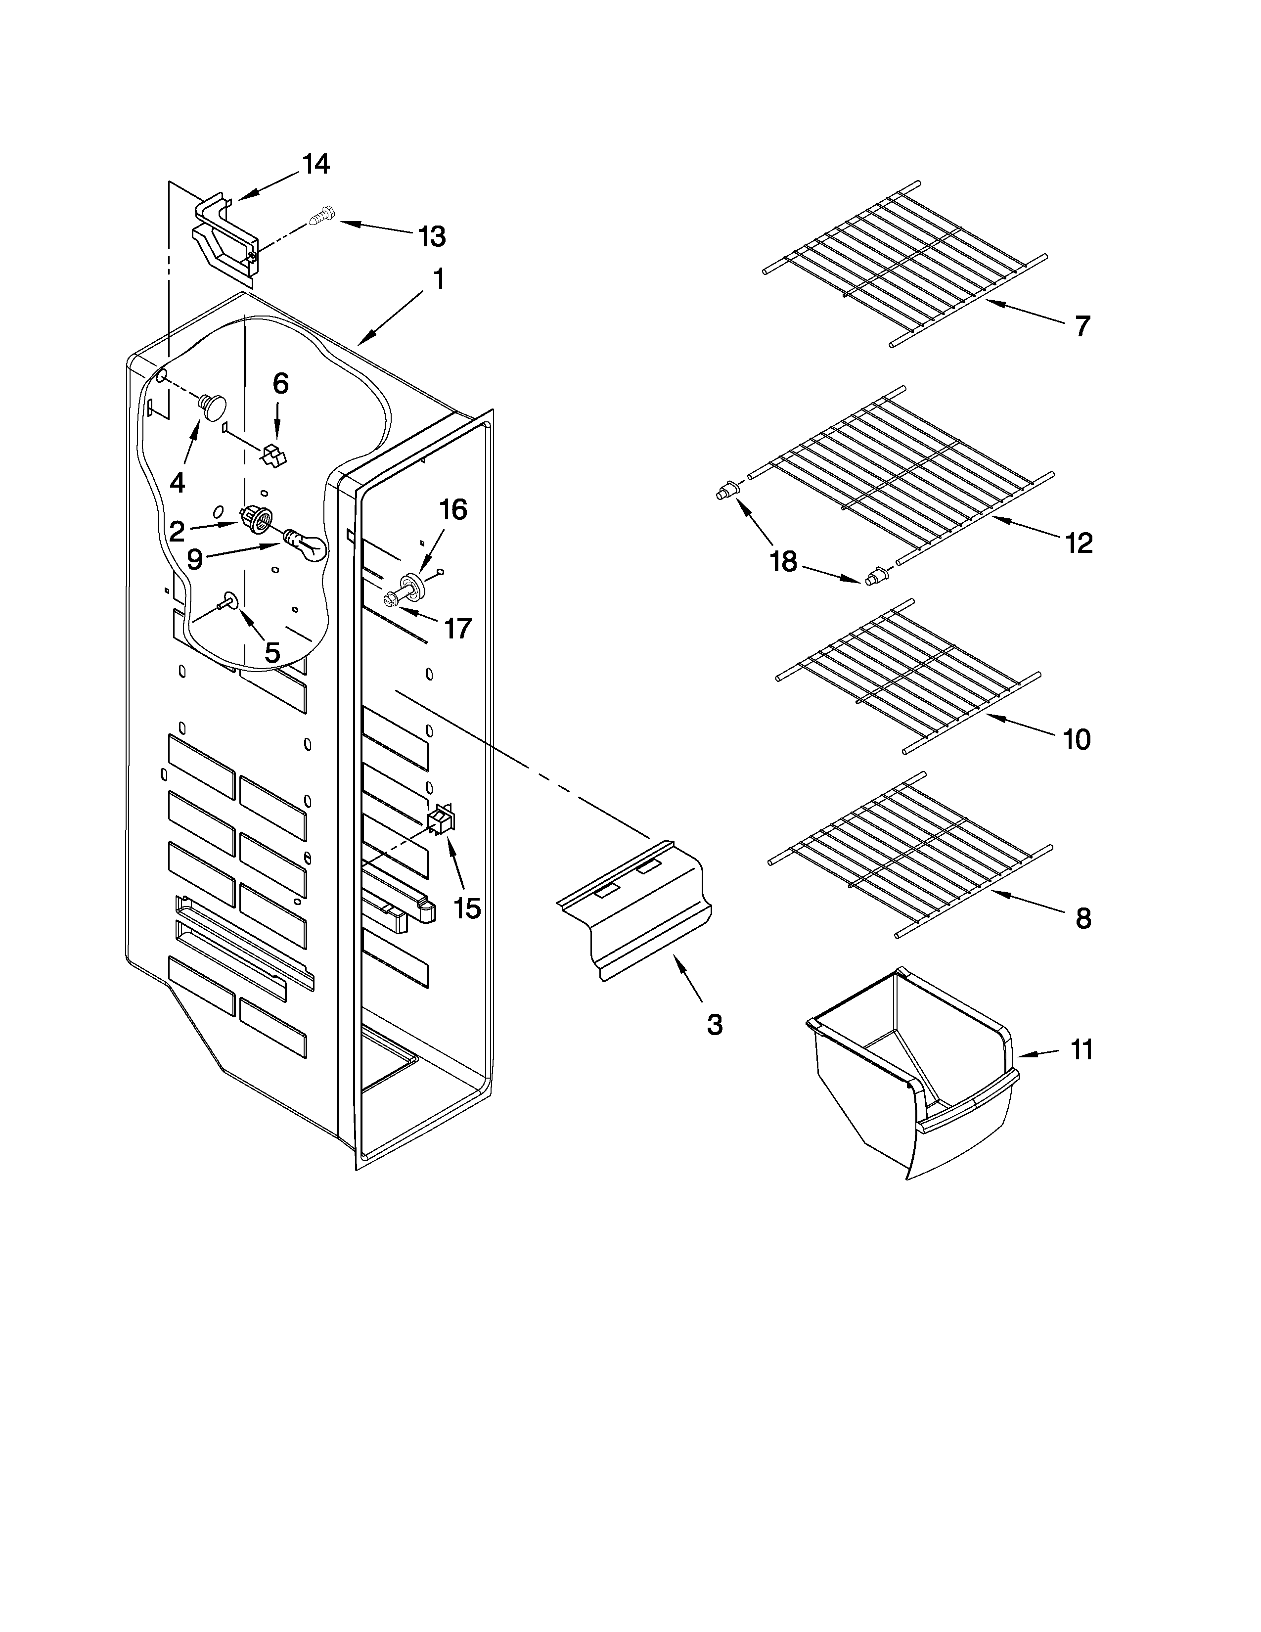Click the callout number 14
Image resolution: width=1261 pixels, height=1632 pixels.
316,164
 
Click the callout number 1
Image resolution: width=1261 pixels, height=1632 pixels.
439,279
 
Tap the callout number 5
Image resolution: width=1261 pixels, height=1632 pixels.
272,652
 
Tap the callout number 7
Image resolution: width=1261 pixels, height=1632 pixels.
1082,326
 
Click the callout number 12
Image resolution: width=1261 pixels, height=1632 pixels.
1079,543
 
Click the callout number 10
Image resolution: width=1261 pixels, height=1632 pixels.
1077,740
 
